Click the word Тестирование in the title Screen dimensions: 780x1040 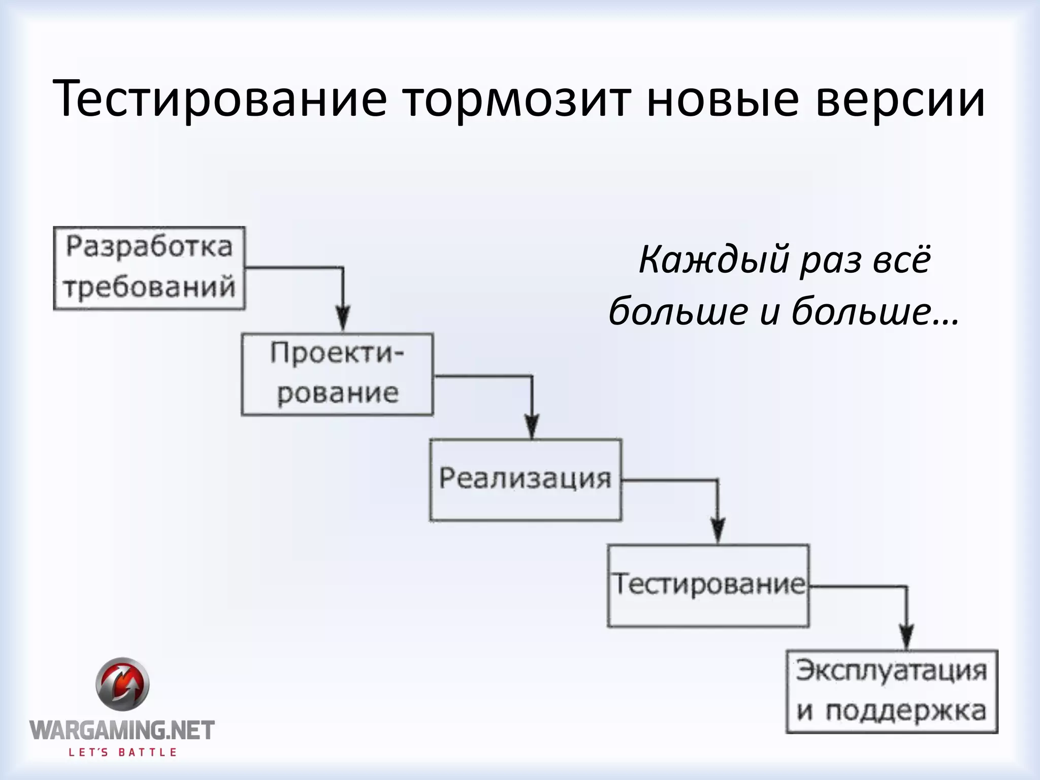pyautogui.click(x=219, y=99)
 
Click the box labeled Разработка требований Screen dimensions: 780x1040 pyautogui.click(x=149, y=268)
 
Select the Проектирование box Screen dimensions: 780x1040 pyautogui.click(x=337, y=374)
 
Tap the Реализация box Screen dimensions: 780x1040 pyautogui.click(x=525, y=479)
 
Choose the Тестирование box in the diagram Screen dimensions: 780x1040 pyautogui.click(x=708, y=585)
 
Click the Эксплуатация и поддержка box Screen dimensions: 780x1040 pyautogui.click(x=892, y=691)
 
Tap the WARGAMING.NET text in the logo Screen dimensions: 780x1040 pyautogui.click(x=122, y=730)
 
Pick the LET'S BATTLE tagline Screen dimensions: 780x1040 pyautogui.click(x=122, y=753)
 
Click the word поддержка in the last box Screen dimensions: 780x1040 pyautogui.click(x=905, y=711)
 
